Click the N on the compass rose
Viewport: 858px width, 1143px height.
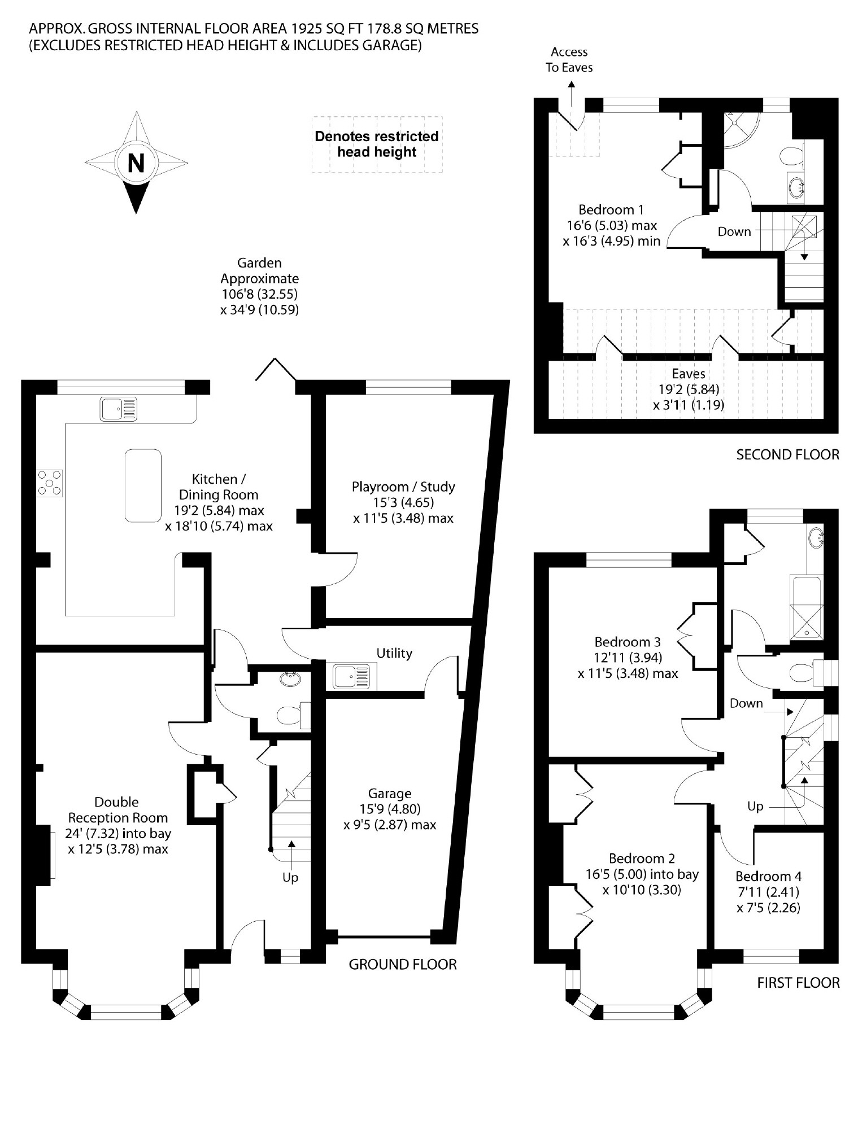pyautogui.click(x=136, y=163)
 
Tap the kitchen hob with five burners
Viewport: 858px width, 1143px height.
pyautogui.click(x=50, y=483)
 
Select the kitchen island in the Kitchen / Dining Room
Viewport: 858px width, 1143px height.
pyautogui.click(x=143, y=485)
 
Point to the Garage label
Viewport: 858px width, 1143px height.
pyautogui.click(x=390, y=794)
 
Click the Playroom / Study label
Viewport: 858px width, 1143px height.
pyautogui.click(x=403, y=487)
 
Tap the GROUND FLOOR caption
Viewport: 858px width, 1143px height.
pyautogui.click(x=402, y=964)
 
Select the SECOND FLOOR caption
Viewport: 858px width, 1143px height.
pyautogui.click(x=787, y=454)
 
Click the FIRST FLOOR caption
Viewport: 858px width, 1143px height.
pyautogui.click(x=798, y=983)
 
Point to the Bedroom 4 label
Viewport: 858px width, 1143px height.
pyautogui.click(x=768, y=876)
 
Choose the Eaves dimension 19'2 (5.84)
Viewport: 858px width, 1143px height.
pyautogui.click(x=689, y=389)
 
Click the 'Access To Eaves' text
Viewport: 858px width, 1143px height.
pyautogui.click(x=569, y=60)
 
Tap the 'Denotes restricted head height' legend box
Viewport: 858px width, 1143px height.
pyautogui.click(x=377, y=144)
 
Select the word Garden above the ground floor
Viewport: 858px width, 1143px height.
pyautogui.click(x=259, y=262)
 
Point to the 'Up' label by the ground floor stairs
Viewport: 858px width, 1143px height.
pyautogui.click(x=290, y=877)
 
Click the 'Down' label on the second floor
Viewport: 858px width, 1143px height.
pyautogui.click(x=734, y=231)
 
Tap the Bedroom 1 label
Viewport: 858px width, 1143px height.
pyautogui.click(x=611, y=210)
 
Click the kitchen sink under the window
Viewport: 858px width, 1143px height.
pyautogui.click(x=119, y=409)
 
